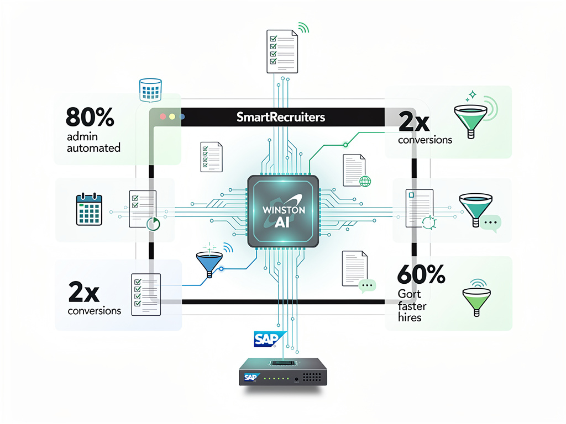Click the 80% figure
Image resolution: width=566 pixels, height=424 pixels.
(x=90, y=117)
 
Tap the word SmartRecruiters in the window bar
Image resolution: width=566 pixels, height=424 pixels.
(x=281, y=117)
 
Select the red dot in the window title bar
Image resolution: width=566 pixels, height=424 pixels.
(x=163, y=117)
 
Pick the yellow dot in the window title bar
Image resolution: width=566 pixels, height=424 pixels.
(x=172, y=117)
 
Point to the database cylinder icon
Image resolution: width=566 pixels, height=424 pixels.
(x=150, y=90)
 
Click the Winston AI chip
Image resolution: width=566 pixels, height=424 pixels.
(x=282, y=210)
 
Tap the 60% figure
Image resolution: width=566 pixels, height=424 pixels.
(x=421, y=274)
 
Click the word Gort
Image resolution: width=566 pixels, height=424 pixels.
(x=409, y=294)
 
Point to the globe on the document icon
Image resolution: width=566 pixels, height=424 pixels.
(x=364, y=181)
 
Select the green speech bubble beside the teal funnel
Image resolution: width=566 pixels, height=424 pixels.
(x=490, y=222)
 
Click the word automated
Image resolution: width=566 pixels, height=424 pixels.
(x=93, y=148)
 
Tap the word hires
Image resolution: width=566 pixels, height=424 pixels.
(x=410, y=317)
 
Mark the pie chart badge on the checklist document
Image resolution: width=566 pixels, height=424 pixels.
(x=153, y=223)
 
